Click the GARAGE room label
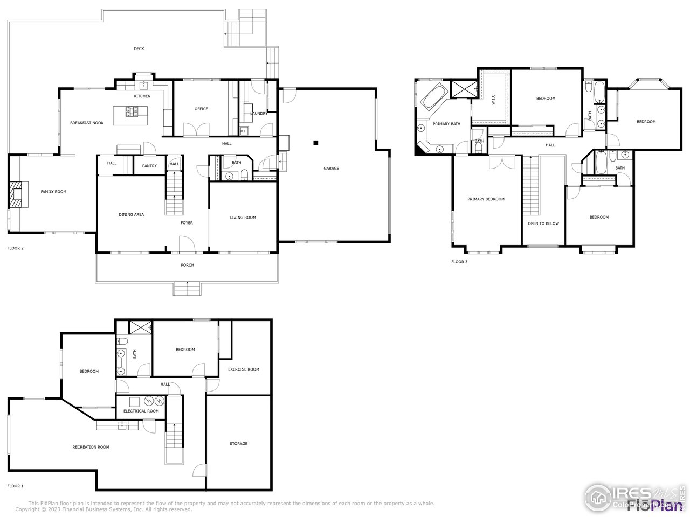pos(331,169)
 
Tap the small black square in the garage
pos(316,143)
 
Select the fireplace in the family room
pos(18,194)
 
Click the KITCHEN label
pos(142,96)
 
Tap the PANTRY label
pos(149,166)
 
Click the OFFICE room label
pos(201,109)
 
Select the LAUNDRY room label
pos(259,114)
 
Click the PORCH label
pos(187,265)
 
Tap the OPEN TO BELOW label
pos(543,223)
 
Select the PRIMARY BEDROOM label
pos(486,199)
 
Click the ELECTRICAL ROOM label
pos(141,411)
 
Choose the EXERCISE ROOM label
pos(243,369)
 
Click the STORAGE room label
pos(238,444)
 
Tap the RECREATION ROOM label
pos(91,447)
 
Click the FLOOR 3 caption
pos(459,262)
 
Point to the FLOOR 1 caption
pos(15,486)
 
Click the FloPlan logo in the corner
pos(654,505)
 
